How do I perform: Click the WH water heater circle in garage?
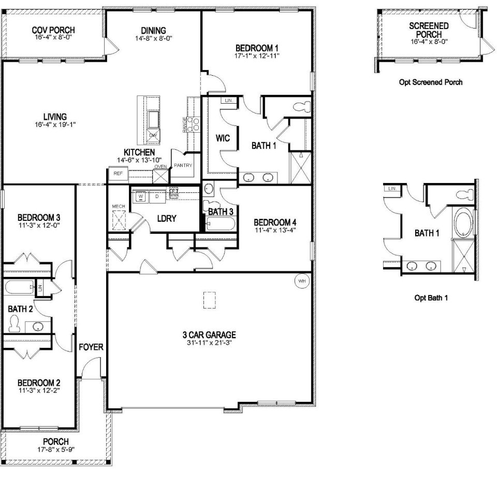[x=301, y=281]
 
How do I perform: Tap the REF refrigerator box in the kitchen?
[x=118, y=174]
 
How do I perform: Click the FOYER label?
[x=91, y=347]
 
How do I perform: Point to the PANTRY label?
[x=183, y=165]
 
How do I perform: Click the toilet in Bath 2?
[x=14, y=325]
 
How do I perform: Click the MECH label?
[x=119, y=207]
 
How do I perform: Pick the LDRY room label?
[x=167, y=219]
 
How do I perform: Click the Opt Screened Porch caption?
[x=431, y=82]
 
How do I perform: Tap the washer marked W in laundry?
[x=139, y=196]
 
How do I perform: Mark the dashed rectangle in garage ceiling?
[x=210, y=300]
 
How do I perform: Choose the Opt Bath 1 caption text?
[x=431, y=298]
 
